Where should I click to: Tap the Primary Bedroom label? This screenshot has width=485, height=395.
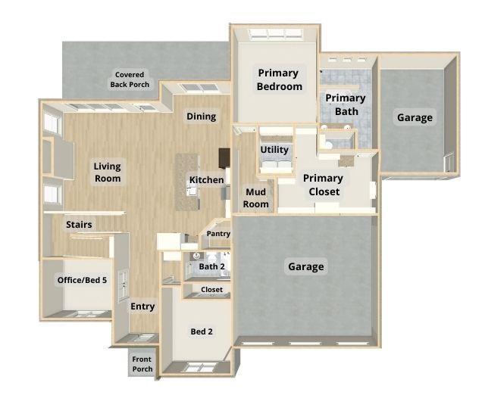click(x=278, y=79)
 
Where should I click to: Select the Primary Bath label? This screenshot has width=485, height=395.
click(x=346, y=104)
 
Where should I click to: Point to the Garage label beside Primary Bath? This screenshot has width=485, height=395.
click(x=415, y=117)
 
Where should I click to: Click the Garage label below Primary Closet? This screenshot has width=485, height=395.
click(x=306, y=266)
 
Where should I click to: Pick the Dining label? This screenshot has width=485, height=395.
click(x=202, y=117)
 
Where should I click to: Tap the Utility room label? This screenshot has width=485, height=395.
click(x=274, y=150)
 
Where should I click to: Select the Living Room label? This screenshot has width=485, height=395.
click(x=108, y=173)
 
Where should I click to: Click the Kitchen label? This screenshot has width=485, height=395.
click(x=206, y=180)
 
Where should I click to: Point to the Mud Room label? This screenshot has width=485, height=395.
click(x=256, y=198)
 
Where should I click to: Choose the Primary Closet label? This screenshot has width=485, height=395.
click(x=323, y=185)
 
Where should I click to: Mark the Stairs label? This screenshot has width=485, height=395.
click(x=79, y=225)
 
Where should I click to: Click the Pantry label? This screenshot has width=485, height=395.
click(x=218, y=235)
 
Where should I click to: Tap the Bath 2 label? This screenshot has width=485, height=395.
click(x=212, y=266)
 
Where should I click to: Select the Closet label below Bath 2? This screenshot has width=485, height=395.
click(x=212, y=290)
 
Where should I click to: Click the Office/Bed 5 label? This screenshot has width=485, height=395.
click(x=82, y=280)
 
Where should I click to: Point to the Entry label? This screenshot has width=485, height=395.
click(x=142, y=306)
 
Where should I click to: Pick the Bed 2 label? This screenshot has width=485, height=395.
click(x=201, y=332)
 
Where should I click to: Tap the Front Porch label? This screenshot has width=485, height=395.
click(x=142, y=364)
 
